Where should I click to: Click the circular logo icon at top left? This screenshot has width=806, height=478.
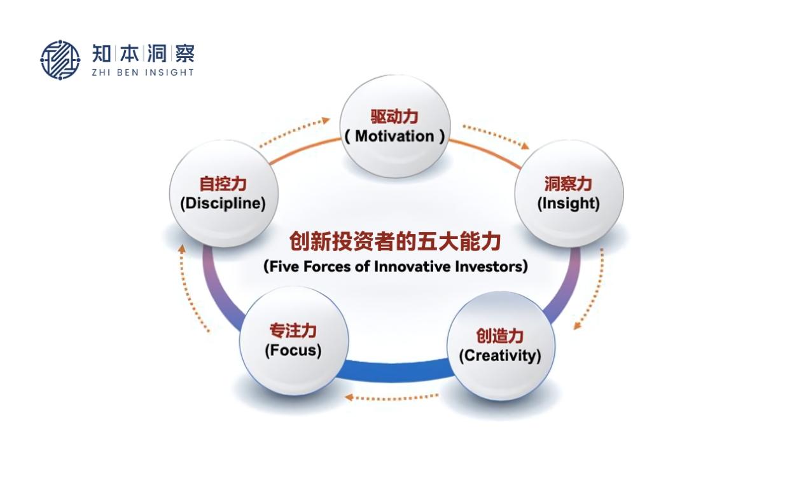60,60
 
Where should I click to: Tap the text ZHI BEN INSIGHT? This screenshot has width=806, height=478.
143,72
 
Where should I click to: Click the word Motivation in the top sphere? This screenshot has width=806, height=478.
394,136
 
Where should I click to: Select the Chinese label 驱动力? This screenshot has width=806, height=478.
394,117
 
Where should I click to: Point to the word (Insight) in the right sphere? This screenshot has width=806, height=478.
569,203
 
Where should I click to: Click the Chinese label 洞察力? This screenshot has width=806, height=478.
568,184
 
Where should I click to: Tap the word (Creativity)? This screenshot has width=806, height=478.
500,356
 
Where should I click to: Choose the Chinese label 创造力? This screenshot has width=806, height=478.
500,336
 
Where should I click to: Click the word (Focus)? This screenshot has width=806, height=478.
293,350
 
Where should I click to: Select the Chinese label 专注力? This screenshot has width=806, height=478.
293,331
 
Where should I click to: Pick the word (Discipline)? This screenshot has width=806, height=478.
223,203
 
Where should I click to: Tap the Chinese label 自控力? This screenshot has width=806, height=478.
223,184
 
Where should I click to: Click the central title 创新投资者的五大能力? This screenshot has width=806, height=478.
396,241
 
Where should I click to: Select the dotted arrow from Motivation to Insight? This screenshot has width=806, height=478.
496,136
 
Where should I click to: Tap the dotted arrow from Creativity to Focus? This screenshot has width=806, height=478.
391,397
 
